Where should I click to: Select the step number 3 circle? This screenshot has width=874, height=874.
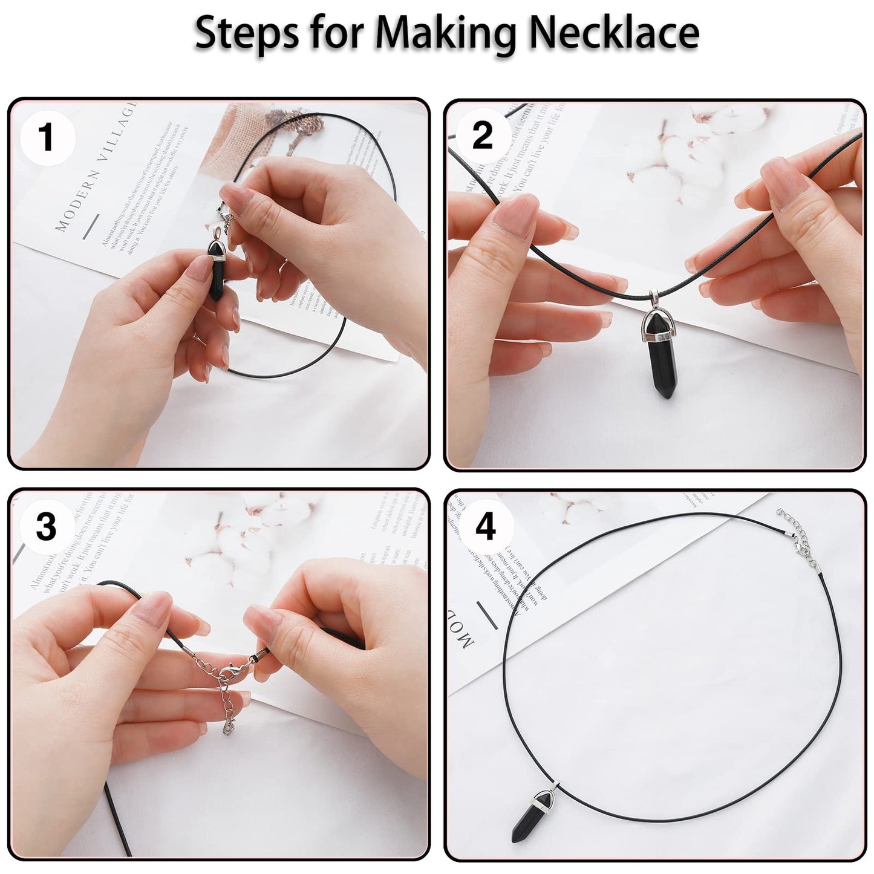[x=46, y=526]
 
